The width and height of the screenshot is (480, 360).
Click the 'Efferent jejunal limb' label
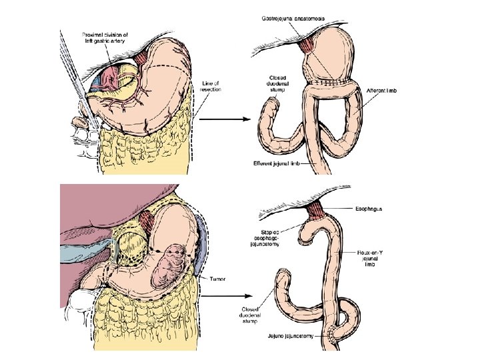(x=279, y=163)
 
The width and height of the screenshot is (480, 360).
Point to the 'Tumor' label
(x=217, y=279)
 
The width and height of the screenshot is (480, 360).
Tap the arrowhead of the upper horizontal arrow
(x=245, y=120)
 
